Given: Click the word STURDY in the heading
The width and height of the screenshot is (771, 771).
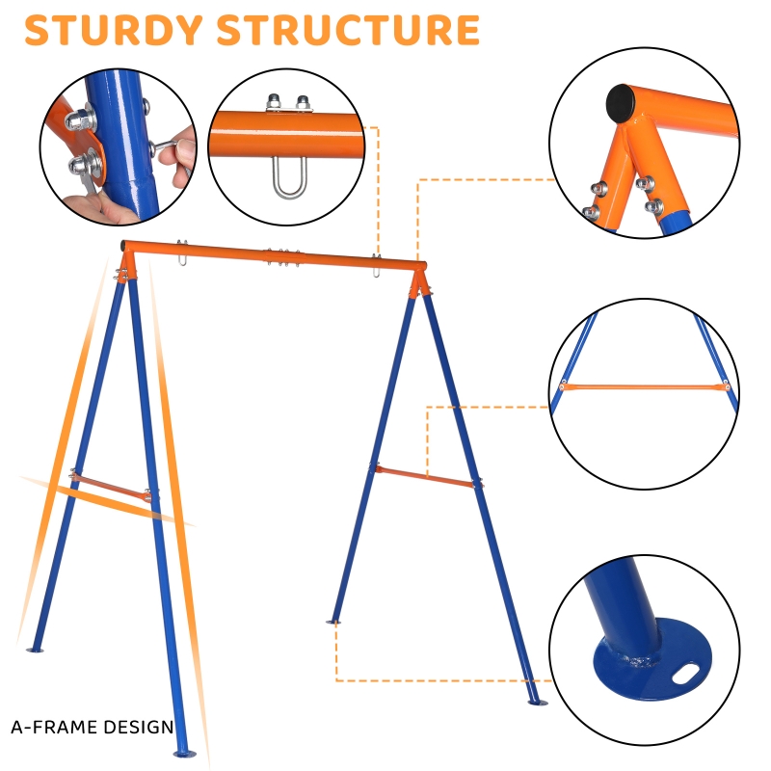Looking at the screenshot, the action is tap(114, 30).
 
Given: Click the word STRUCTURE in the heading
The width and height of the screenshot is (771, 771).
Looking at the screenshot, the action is tap(348, 30).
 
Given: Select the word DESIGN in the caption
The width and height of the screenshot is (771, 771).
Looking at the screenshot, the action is tap(132, 727).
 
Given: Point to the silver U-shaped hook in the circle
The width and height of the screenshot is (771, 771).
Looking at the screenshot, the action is tap(290, 177).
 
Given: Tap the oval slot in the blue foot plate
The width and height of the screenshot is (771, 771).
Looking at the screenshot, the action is tap(686, 673).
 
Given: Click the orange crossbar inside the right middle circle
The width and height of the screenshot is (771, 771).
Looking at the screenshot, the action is tap(644, 387).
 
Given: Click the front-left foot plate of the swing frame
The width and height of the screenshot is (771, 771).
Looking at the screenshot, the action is tap(184, 754).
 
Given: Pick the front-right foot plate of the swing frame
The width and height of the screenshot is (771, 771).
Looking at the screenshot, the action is tap(538, 703).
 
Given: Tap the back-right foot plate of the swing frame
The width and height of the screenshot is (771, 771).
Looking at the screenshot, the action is tap(333, 622).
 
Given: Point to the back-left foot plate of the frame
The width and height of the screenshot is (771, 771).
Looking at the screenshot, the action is tap(35, 650).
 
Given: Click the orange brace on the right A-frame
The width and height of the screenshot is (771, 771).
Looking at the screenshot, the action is tap(425, 476).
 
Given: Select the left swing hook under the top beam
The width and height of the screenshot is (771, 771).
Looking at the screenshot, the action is tap(182, 253).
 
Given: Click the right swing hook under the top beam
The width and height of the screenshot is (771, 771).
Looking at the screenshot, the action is tap(376, 266).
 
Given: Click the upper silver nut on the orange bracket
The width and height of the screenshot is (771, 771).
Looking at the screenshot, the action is tap(79, 119).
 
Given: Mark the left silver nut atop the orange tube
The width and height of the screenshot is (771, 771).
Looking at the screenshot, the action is tap(274, 102).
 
